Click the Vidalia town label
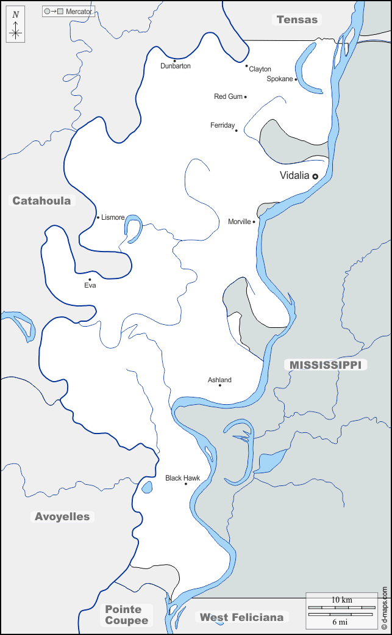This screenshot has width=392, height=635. [x=294, y=176]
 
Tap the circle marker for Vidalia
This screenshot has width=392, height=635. [x=315, y=176]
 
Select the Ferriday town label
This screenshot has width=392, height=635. [x=223, y=125]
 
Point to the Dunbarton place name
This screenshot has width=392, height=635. [x=175, y=66]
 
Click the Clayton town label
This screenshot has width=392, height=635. [x=260, y=70]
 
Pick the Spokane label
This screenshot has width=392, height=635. [x=280, y=79]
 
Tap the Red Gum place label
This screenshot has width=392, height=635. [x=228, y=96]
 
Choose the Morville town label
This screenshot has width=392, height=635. [x=239, y=222]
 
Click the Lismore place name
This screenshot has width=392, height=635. [x=113, y=217]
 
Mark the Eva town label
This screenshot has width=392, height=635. [x=90, y=285]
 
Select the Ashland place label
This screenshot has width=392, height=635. [x=219, y=380]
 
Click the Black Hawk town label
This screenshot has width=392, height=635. [x=182, y=478]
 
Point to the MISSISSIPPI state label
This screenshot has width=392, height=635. [x=325, y=365]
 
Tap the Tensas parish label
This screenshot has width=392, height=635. [x=297, y=20]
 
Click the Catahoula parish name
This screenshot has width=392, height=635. [x=41, y=200]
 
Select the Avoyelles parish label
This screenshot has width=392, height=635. [x=62, y=517]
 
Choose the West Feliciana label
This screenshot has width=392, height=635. [x=241, y=617]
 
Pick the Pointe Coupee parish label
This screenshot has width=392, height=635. [x=126, y=614]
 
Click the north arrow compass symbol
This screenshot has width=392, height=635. [x=16, y=27]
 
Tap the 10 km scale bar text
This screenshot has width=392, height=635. [x=341, y=600]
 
